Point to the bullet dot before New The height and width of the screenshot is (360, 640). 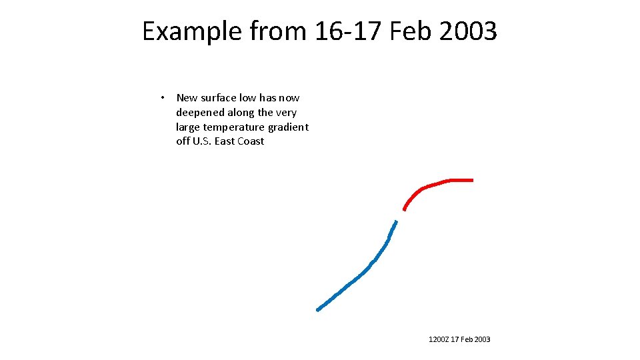point(163,98)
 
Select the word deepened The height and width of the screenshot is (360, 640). point(199,113)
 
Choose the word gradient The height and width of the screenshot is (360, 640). point(289,127)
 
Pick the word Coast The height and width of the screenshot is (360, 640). point(251,141)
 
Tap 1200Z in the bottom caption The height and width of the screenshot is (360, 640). point(439,340)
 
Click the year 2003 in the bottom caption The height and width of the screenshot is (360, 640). point(482,340)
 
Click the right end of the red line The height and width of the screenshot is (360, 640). point(472,180)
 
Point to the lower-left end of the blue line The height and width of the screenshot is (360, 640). point(318,309)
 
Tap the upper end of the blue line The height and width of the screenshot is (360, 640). point(397,221)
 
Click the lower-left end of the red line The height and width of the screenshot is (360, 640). point(405,209)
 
